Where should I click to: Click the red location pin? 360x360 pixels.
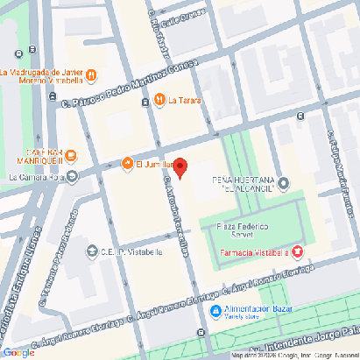pyautogui.click(x=180, y=167)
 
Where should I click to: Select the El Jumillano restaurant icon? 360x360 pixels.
pyautogui.click(x=127, y=164)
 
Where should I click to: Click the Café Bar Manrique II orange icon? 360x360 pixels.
pyautogui.click(x=71, y=156)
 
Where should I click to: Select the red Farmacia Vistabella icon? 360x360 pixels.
pyautogui.click(x=297, y=251)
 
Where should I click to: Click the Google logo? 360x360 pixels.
pyautogui.click(x=18, y=352)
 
